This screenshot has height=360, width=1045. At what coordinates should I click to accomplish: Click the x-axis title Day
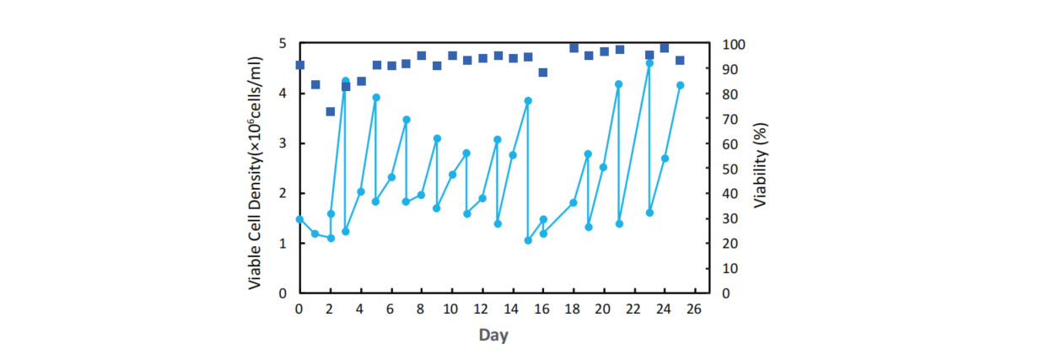tap(493, 336)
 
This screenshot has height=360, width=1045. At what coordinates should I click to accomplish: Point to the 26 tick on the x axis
tap(695, 309)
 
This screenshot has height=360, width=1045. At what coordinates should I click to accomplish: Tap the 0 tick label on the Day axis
tap(299, 309)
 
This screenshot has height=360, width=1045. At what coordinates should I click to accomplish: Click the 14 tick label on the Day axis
tap(513, 309)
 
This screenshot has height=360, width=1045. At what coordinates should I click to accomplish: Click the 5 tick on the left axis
tap(283, 44)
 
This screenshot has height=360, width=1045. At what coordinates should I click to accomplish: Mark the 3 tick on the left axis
tap(283, 143)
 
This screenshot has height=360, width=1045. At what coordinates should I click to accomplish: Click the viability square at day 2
tap(331, 111)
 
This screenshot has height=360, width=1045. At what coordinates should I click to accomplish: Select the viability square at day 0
tap(299, 65)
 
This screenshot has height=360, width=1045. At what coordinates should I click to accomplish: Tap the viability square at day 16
tap(543, 73)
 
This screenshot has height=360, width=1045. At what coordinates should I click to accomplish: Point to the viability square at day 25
tap(680, 61)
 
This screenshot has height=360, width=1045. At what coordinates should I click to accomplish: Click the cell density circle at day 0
tap(299, 219)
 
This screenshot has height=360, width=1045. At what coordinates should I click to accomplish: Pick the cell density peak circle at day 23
tap(649, 63)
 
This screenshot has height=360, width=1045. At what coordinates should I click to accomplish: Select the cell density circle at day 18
tap(574, 202)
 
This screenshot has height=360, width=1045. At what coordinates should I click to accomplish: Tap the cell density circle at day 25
tap(680, 85)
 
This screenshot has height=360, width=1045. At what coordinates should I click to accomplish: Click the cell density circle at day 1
tap(315, 234)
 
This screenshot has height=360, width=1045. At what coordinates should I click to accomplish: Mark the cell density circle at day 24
tap(665, 159)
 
